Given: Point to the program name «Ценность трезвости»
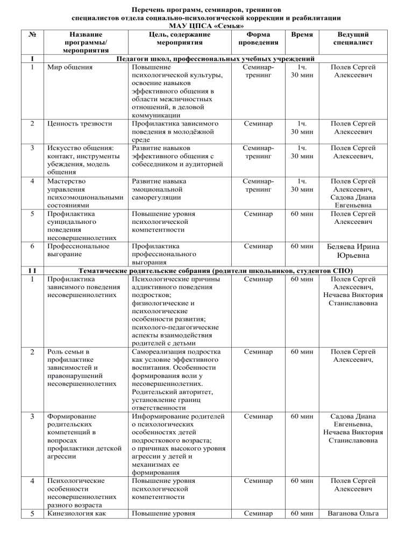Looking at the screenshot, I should tap(79, 124).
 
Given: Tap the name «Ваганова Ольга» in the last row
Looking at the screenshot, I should tap(354, 530).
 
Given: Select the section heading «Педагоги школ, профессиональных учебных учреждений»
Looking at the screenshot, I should tap(212, 59).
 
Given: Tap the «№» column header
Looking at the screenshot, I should tap(33, 33).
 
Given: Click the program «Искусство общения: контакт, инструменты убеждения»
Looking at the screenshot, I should tap(82, 159).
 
